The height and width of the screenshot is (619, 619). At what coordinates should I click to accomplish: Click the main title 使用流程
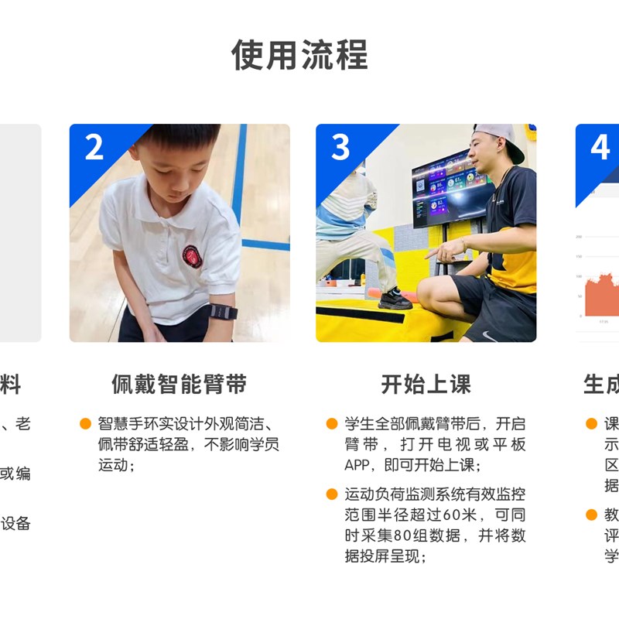pos(299,55)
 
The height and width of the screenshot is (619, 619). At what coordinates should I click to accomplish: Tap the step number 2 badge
pos(94,146)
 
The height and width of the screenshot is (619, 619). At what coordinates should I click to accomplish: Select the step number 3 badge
pos(340,146)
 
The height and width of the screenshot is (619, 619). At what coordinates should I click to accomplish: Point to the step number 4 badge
pos(600,146)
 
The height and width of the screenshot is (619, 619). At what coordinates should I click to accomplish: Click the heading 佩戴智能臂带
pos(179,385)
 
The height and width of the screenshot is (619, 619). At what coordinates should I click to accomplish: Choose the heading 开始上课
pos(426,385)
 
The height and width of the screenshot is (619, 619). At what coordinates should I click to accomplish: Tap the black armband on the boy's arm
pos(223,312)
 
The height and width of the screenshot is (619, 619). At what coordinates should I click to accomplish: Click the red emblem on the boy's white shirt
pos(191,256)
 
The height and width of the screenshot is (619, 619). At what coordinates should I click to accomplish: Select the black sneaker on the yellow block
pos(395,299)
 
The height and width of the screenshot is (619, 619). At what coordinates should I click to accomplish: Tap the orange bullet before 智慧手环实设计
pos(85,423)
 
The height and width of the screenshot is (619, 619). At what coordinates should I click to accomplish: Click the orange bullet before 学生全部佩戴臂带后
pos(331,423)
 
